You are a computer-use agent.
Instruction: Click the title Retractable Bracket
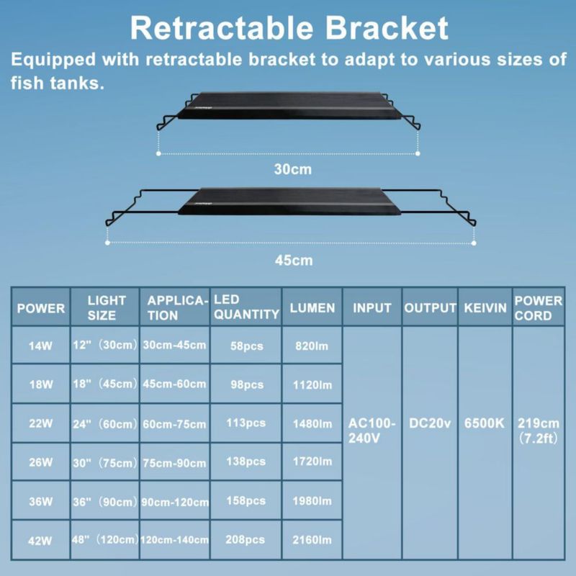click(x=289, y=28)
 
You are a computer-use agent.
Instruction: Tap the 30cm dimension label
click(x=293, y=169)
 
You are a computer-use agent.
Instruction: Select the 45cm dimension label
click(x=294, y=261)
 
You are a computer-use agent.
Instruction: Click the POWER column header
click(x=41, y=308)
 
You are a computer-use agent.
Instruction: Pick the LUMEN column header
click(x=312, y=308)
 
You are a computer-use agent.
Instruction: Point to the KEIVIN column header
click(x=485, y=308)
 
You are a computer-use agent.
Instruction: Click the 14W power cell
click(x=40, y=346)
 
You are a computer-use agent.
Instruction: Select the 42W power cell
click(x=40, y=541)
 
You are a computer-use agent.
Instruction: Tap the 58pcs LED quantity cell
click(x=246, y=346)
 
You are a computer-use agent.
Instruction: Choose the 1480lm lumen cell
click(x=312, y=424)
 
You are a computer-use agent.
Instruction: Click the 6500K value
click(x=485, y=423)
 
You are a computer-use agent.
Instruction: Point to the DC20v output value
click(x=430, y=423)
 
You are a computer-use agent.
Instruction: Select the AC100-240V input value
click(x=372, y=431)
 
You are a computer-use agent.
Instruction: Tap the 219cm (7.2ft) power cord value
click(x=538, y=431)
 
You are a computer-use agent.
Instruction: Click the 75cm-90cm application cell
click(x=174, y=463)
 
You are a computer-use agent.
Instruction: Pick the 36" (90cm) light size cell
click(x=105, y=502)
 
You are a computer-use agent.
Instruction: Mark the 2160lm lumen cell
click(x=312, y=540)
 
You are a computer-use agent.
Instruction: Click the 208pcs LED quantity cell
click(x=245, y=539)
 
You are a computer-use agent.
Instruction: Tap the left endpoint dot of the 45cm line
click(x=107, y=243)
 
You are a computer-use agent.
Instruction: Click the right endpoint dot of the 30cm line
click(x=418, y=153)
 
